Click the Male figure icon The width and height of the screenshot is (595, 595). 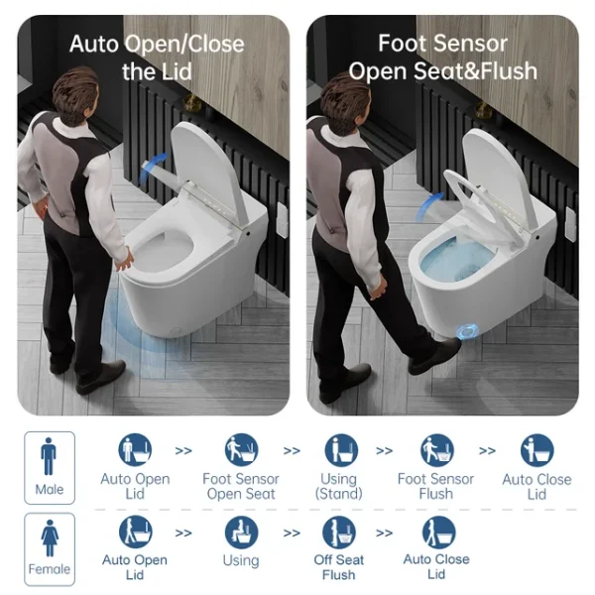(x=49, y=456)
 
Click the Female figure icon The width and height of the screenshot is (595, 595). (x=50, y=537)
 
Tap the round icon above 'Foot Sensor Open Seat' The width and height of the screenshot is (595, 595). (x=241, y=450)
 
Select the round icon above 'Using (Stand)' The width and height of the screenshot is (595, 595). (x=341, y=450)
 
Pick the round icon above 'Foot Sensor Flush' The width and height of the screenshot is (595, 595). (x=437, y=450)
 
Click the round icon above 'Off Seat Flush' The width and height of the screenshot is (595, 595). (x=339, y=533)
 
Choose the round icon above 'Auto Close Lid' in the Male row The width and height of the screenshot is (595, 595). (x=536, y=450)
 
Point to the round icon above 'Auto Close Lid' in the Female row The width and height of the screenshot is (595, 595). (x=438, y=533)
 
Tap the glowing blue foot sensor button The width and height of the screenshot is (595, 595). (x=467, y=332)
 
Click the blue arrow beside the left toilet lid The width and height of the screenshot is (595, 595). (x=154, y=167)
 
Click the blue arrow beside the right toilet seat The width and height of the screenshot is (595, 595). (x=428, y=207)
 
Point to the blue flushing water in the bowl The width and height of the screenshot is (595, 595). (x=455, y=260)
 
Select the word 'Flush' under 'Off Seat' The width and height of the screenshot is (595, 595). (x=338, y=575)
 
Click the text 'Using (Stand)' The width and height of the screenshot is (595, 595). (x=338, y=486)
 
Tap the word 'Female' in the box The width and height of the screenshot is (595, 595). (x=50, y=569)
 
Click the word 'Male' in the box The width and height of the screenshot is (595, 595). (x=50, y=489)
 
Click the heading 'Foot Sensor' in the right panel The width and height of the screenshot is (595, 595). (x=442, y=44)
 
